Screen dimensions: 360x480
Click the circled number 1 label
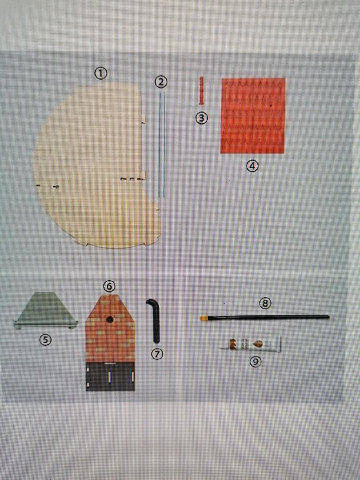pos(100,73)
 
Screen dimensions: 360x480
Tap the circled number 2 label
pos(161,82)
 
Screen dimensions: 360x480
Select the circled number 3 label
pos(202,118)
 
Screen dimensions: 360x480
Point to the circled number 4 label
pos(252,166)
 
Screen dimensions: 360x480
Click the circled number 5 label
pos(45,340)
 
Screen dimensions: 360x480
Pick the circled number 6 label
pos(109,286)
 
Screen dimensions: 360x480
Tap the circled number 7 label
pos(157,354)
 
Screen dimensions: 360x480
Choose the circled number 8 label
pos(265,304)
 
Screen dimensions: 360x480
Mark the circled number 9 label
pos(256,362)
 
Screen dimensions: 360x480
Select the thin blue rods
pos(162,144)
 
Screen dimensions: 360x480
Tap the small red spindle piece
pos(201,91)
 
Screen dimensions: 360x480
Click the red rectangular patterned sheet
pos(252,116)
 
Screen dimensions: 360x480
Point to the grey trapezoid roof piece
pos(46,310)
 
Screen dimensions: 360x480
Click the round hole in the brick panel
pos(110,320)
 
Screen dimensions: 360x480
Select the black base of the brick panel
pos(110,376)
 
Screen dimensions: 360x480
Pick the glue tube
pos(251,344)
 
